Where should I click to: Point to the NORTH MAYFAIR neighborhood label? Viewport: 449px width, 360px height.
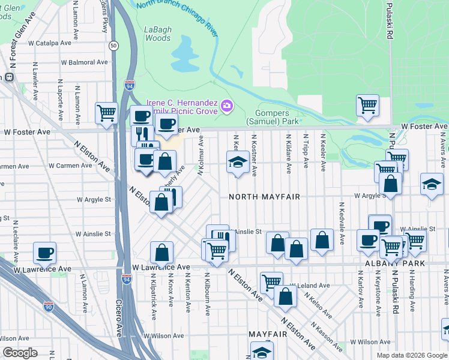pyautogui.click(x=264, y=197)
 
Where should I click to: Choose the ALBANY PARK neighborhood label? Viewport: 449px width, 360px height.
pyautogui.click(x=403, y=264)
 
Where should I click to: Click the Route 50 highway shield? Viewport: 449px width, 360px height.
pyautogui.click(x=113, y=46)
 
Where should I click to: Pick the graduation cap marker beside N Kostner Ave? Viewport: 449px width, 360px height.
pyautogui.click(x=238, y=162)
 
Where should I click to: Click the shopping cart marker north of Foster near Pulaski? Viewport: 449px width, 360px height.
pyautogui.click(x=367, y=105)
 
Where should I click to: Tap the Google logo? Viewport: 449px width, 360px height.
pyautogui.click(x=20, y=352)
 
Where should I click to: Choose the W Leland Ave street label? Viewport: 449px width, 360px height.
pyautogui.click(x=310, y=286)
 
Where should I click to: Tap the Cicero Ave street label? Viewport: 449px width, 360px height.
pyautogui.click(x=119, y=317)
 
